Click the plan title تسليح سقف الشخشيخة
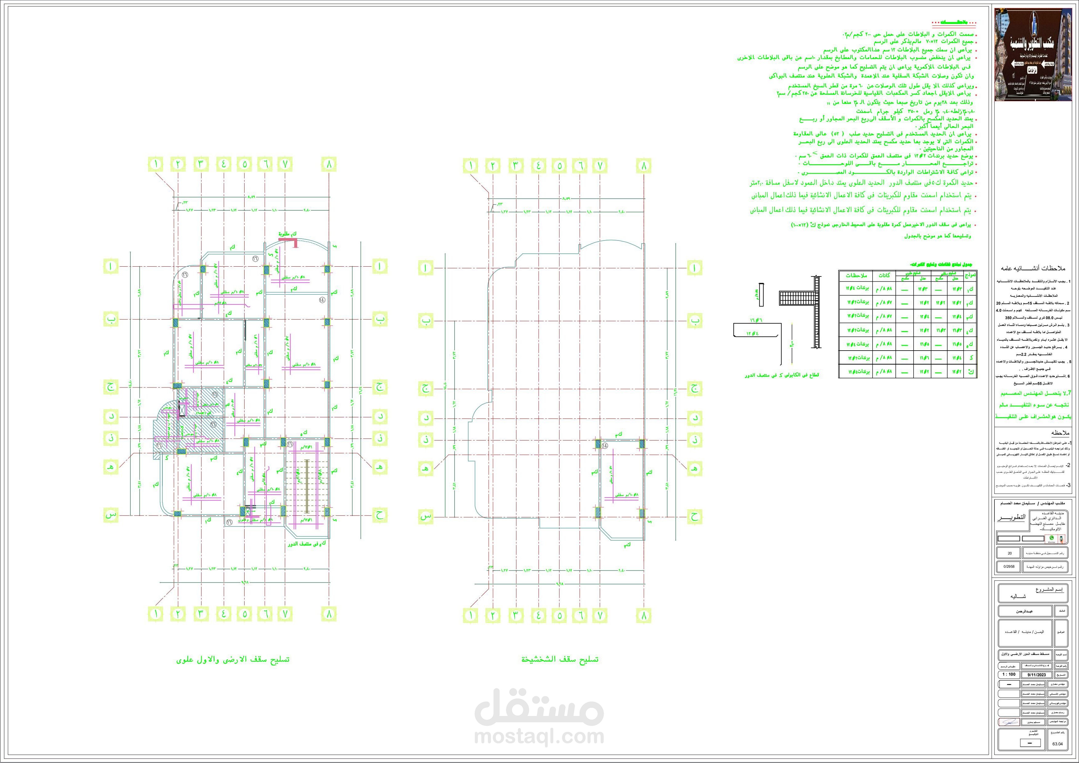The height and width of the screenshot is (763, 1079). pyautogui.click(x=560, y=659)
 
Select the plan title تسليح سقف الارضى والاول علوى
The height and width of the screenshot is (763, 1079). pyautogui.click(x=233, y=659)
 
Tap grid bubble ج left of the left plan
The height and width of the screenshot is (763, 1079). pyautogui.click(x=110, y=387)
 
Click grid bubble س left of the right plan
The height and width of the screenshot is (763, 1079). pyautogui.click(x=425, y=517)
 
